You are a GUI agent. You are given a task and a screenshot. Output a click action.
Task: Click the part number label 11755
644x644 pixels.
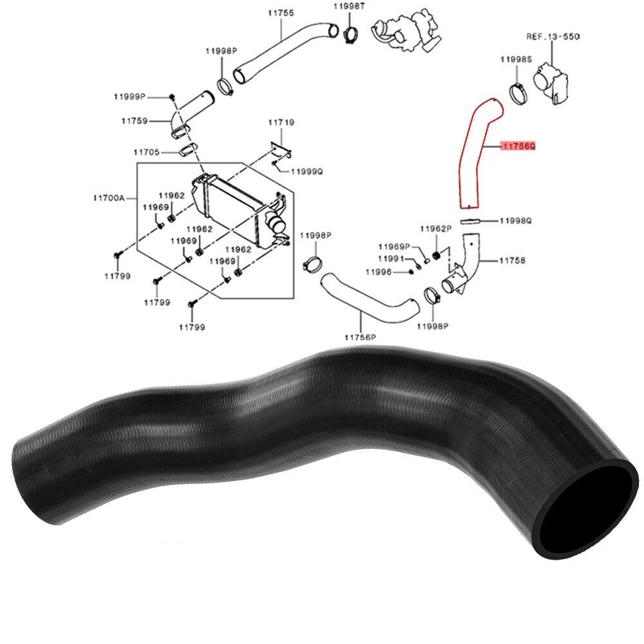click(x=281, y=13)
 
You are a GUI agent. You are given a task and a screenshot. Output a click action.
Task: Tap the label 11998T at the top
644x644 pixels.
click(x=349, y=6)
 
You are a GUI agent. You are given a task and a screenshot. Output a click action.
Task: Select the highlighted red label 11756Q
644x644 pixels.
click(x=518, y=146)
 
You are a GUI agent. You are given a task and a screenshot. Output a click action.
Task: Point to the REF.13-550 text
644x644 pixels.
click(x=553, y=37)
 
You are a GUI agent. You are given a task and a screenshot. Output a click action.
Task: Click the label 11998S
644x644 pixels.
click(x=516, y=59)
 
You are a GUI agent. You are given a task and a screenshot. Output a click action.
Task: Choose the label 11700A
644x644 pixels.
click(x=109, y=198)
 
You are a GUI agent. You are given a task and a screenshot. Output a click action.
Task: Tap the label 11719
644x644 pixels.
click(x=281, y=122)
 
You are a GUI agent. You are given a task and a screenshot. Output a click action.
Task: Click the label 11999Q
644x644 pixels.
click(x=307, y=171)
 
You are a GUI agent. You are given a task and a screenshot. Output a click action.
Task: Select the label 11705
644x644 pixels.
click(x=147, y=153)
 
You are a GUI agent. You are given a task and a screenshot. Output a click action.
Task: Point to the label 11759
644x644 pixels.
click(x=135, y=121)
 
